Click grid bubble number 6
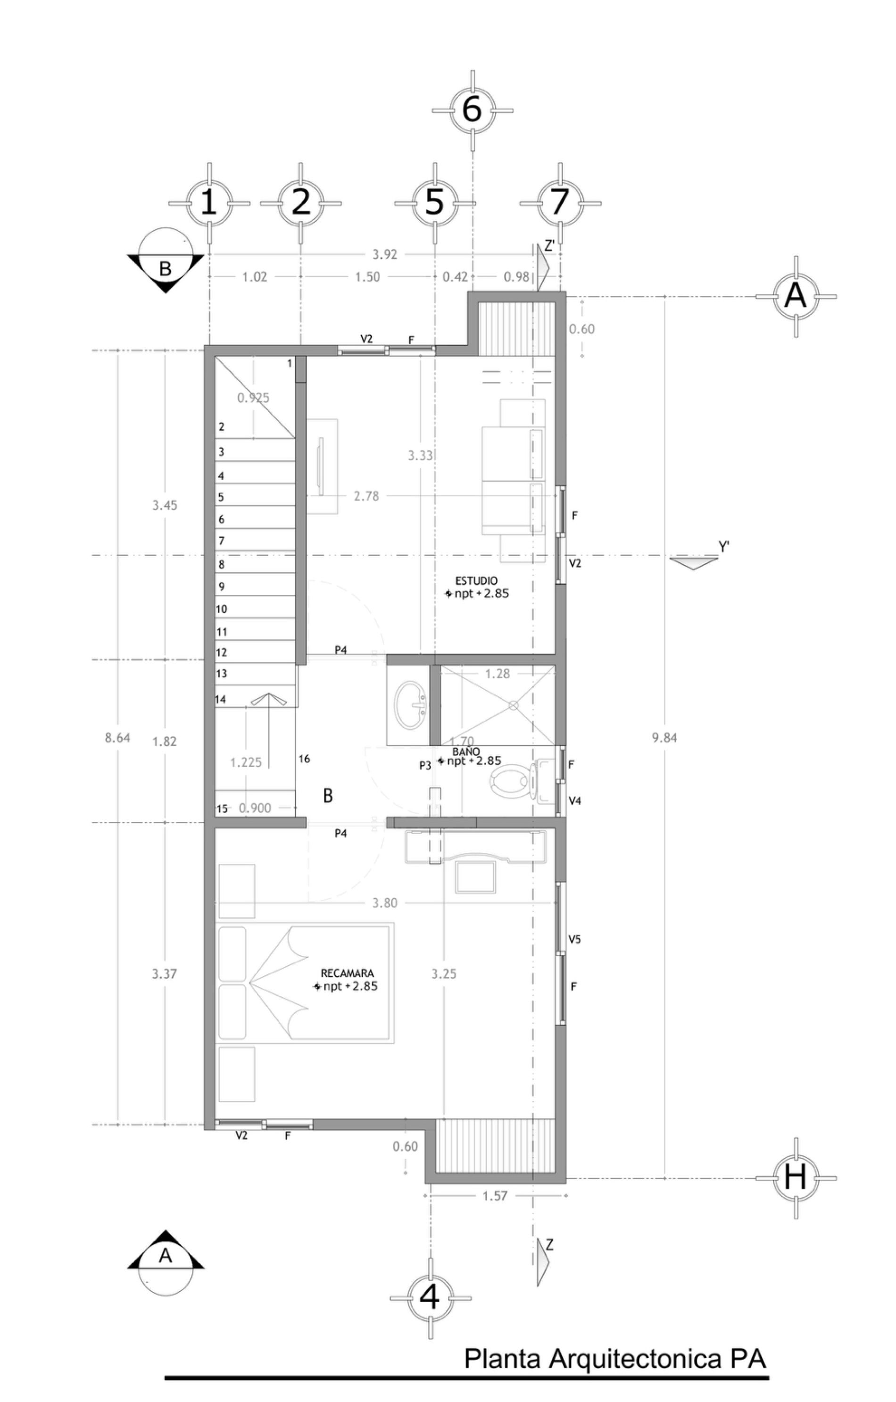(472, 109)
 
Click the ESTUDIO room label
(476, 581)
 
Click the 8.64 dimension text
(117, 738)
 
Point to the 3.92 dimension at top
(384, 254)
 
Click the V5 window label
(575, 939)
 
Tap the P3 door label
(425, 766)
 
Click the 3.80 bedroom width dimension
(384, 903)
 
